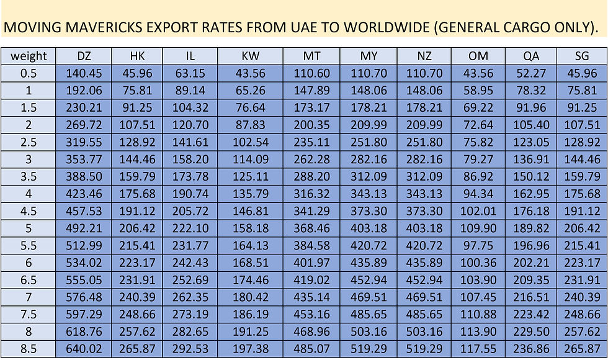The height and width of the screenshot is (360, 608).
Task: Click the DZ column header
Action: [85, 56]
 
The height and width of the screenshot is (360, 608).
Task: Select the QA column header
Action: [531, 56]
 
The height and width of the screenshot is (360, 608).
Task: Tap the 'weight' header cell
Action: [29, 56]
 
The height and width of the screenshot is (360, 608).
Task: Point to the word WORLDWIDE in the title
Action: [390, 27]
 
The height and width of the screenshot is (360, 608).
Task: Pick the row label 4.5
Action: [29, 212]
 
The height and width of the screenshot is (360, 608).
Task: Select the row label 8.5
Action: [29, 351]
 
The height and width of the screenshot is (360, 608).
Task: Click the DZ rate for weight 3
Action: [85, 160]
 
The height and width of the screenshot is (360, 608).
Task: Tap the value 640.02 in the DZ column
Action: [85, 351]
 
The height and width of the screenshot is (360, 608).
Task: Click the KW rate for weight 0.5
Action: [251, 73]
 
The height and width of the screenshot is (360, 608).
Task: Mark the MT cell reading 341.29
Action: [311, 212]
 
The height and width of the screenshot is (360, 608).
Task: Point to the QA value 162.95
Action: [531, 194]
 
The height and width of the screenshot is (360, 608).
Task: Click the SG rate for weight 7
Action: [582, 299]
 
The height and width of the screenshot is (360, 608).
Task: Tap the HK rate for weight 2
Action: [138, 125]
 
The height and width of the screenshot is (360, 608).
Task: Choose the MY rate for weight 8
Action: [369, 333]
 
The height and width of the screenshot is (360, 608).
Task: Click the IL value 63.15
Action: [190, 73]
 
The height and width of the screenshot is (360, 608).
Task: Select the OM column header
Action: [478, 56]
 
